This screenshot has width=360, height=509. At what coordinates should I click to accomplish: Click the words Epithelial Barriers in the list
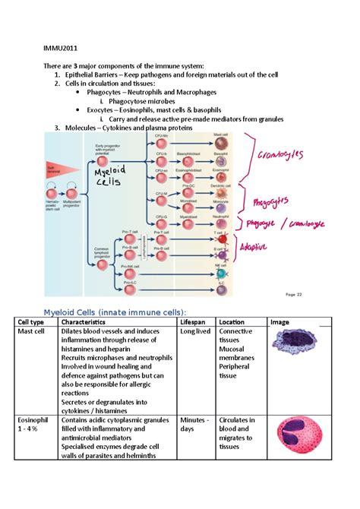tap(98, 74)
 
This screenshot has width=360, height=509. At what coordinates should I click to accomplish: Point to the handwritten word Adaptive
tap(257, 246)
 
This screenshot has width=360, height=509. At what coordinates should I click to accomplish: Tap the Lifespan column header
tap(193, 322)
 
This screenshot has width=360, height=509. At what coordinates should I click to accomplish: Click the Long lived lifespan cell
tap(196, 332)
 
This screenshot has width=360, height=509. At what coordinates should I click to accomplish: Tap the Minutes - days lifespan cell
tap(194, 424)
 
